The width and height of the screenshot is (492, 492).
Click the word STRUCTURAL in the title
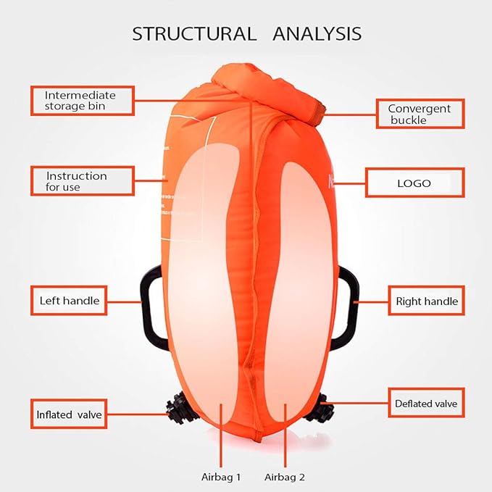[193, 33]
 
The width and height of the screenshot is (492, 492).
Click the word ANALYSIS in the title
[316, 33]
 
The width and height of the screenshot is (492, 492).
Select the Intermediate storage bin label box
[83, 101]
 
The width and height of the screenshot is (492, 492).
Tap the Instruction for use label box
[83, 181]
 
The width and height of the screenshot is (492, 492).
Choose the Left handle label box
[70, 300]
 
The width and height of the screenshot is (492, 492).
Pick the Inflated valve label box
[70, 415]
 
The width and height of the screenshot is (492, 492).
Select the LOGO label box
[414, 183]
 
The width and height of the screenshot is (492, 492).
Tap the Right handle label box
[426, 300]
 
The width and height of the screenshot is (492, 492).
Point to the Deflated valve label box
[426, 404]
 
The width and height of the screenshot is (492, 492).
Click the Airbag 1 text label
[221, 477]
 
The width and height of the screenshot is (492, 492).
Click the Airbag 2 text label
[285, 477]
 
